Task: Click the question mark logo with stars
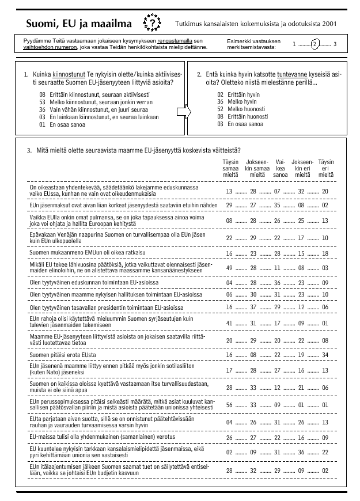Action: tap(151, 23)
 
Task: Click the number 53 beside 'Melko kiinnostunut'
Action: tap(43, 101)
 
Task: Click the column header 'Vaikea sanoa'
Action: tap(281, 168)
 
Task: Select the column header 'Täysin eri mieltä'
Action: tap(325, 168)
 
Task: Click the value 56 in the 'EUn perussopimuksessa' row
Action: tap(229, 405)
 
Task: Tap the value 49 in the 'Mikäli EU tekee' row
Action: tap(229, 268)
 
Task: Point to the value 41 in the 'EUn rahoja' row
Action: tap(229, 323)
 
